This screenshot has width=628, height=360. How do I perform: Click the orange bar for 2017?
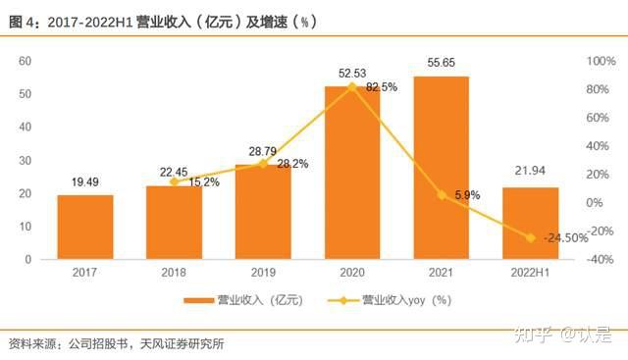click(85, 227)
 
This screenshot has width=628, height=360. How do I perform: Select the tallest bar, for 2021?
click(442, 168)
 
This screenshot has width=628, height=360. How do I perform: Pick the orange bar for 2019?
click(263, 212)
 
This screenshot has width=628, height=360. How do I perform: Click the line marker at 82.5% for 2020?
click(352, 86)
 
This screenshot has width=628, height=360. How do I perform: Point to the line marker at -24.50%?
click(531, 237)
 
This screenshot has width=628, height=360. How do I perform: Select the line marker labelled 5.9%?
click(442, 194)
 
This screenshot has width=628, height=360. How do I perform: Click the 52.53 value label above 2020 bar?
click(352, 73)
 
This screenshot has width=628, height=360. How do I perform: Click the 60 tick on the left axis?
click(26, 61)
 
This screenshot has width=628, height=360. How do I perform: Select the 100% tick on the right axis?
click(601, 61)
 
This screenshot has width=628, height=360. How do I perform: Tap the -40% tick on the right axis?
click(601, 260)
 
